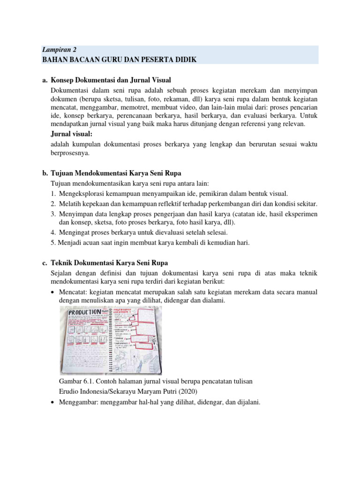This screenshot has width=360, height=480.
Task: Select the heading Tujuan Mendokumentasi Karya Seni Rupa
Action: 116,173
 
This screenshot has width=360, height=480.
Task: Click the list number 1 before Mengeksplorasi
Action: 53,194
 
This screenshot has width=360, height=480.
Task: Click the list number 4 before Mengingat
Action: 53,232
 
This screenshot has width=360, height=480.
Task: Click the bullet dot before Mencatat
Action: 53,292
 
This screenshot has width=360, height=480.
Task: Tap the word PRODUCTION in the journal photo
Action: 84,312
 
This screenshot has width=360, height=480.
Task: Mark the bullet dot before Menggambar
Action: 53,402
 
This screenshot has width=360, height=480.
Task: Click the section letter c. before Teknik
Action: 45,262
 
